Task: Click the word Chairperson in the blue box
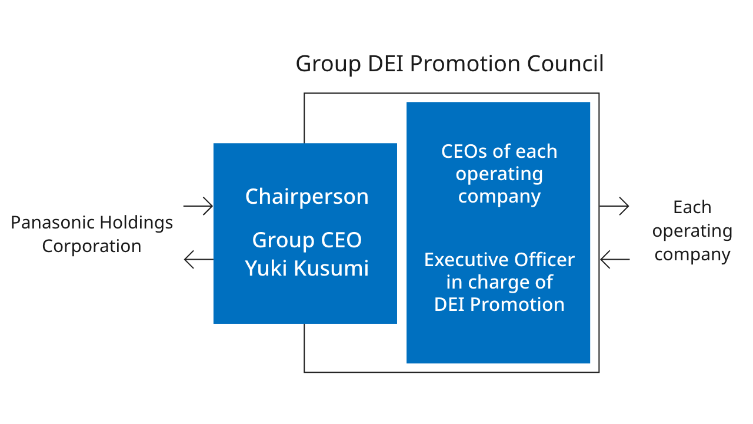(x=306, y=196)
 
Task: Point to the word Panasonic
(x=52, y=222)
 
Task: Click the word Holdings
(x=136, y=222)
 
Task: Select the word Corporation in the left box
(x=91, y=246)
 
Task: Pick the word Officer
(x=544, y=259)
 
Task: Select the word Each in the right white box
(x=692, y=207)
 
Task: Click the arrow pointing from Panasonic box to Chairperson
(x=198, y=206)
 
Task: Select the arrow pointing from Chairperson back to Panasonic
(x=198, y=259)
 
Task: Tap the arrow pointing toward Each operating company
(x=614, y=206)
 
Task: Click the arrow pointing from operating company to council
(x=614, y=259)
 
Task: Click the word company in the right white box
(x=692, y=254)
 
